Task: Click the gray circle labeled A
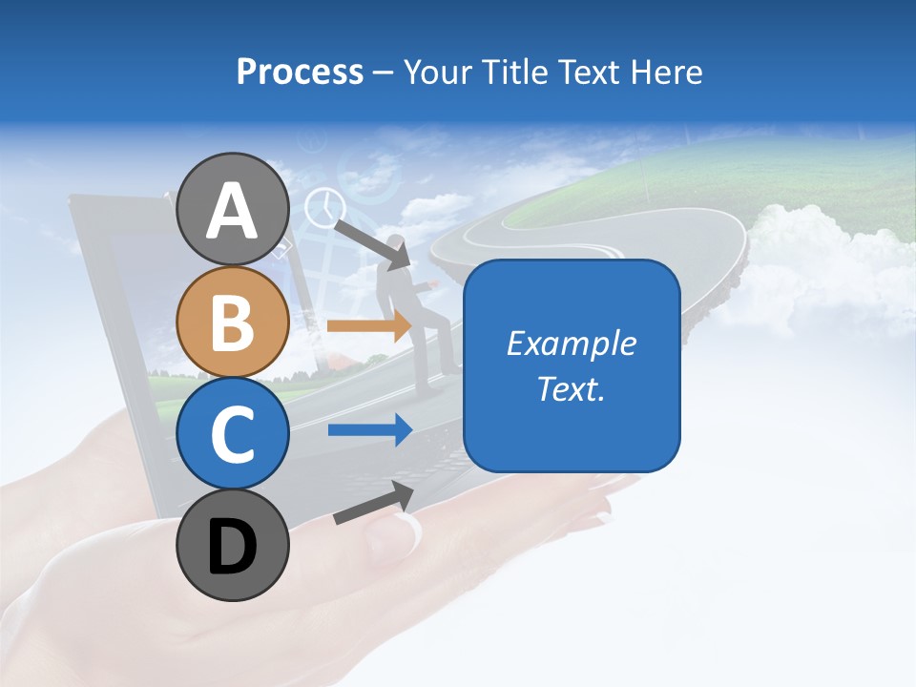pos(232,210)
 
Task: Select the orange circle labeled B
pos(232,322)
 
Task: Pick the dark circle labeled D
pos(232,545)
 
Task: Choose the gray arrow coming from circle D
pos(373,503)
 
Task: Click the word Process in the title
pos(300,72)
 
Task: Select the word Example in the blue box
pos(571,343)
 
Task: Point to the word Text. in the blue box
pos(571,387)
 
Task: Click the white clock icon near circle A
pos(324,207)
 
